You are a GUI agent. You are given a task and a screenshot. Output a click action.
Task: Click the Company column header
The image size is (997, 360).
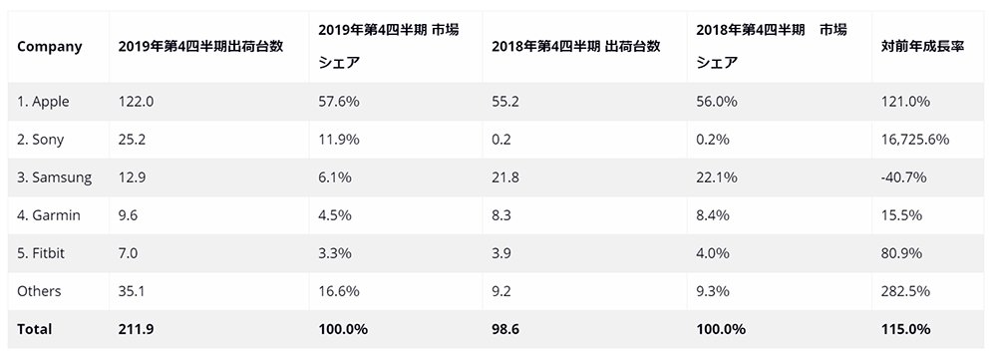point(50,47)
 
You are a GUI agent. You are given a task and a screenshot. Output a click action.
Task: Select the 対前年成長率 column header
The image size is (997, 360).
point(923,47)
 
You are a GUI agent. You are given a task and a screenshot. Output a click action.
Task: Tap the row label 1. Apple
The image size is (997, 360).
point(43,102)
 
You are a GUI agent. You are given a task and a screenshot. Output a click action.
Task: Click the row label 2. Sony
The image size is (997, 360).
point(41,140)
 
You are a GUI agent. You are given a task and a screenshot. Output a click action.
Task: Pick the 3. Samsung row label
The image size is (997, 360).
point(55,178)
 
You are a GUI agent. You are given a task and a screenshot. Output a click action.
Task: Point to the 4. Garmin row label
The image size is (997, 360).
point(49,215)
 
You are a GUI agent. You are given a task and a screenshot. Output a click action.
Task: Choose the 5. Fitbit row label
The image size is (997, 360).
point(41,253)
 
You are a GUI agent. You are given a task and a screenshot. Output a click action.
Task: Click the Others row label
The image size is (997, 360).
point(40,290)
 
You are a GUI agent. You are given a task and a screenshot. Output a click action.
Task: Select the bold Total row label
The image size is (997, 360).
point(35,329)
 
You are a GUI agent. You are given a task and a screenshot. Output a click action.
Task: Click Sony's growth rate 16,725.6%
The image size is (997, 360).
point(915,140)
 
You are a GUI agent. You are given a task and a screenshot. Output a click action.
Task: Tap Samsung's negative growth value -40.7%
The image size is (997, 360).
point(904,178)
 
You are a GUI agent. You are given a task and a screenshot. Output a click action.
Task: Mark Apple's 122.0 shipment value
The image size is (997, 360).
point(136,102)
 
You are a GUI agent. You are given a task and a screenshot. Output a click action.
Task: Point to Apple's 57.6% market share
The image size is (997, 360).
point(339,102)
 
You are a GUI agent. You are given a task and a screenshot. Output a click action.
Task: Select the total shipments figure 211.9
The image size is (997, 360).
point(136,329)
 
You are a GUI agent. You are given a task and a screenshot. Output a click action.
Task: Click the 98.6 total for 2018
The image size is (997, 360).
point(505,329)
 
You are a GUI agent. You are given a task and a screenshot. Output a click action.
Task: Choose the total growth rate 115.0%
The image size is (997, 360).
point(906,329)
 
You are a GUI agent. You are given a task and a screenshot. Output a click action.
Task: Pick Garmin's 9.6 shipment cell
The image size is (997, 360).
point(129,215)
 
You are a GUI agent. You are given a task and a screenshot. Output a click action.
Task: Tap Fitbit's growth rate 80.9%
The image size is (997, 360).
point(901,253)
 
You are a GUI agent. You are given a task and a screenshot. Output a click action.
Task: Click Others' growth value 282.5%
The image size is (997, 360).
point(905,290)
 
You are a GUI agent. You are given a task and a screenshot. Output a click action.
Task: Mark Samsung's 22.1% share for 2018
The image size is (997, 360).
point(717,178)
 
